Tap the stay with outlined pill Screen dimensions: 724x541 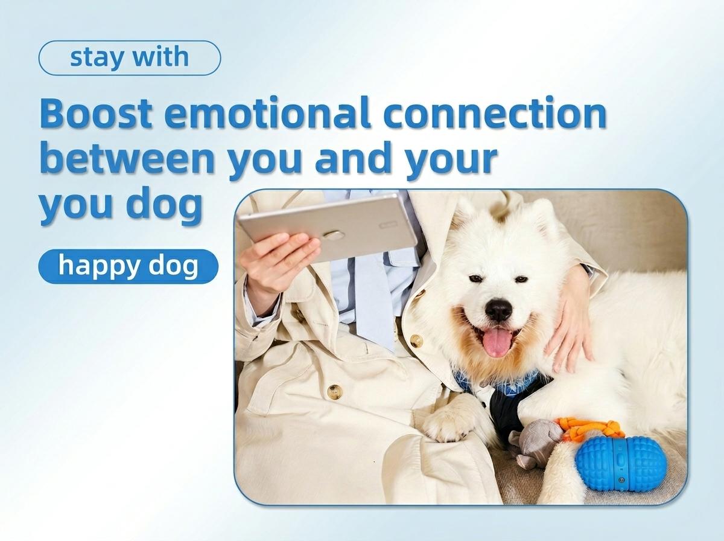[x=130, y=58]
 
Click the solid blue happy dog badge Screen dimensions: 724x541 [x=129, y=266]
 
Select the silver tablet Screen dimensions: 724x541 [x=328, y=226]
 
